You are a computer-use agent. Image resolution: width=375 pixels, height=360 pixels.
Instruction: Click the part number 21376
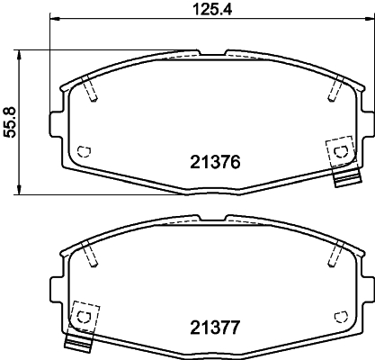[x=216, y=163]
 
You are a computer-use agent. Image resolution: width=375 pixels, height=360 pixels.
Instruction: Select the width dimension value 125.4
[x=209, y=10]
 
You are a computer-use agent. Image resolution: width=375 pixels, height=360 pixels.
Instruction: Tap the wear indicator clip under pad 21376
[x=342, y=179]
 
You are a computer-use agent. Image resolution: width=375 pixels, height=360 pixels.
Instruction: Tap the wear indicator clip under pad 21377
[x=81, y=343]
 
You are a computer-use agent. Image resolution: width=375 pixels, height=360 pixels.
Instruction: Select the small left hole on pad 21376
[x=85, y=151]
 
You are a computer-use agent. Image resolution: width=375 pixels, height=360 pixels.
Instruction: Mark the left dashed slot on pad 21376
[x=90, y=89]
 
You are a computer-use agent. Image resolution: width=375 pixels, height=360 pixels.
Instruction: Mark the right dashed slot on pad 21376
[x=335, y=89]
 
